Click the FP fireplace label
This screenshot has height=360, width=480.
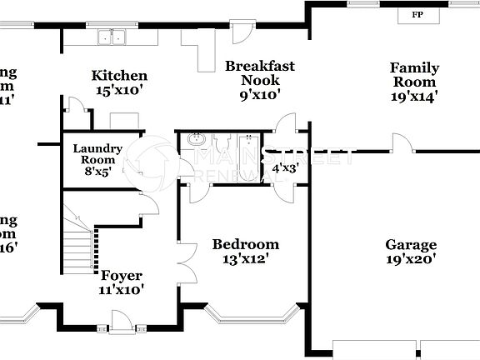[x=415, y=15]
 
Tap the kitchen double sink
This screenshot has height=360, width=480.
[x=111, y=37]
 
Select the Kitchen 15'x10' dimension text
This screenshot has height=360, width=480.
[x=119, y=90]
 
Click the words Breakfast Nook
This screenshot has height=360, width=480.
[x=259, y=72]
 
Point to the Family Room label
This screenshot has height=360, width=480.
[x=414, y=75]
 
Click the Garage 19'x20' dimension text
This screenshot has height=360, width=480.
[x=411, y=258]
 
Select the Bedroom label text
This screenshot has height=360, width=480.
[x=245, y=244]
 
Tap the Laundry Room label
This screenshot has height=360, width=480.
[x=97, y=154]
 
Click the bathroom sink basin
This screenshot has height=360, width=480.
[x=197, y=140]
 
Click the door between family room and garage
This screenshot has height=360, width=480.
[x=402, y=143]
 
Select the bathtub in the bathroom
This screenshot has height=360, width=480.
[x=249, y=142]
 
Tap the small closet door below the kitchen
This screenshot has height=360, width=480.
[x=76, y=107]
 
